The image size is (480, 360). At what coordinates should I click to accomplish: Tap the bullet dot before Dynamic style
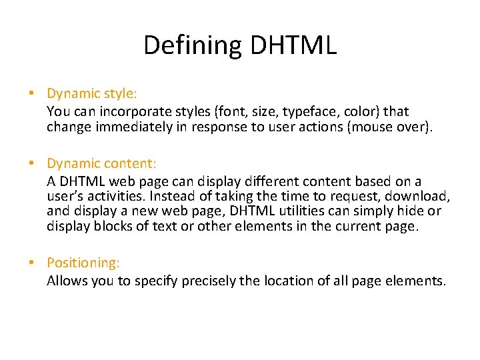32,95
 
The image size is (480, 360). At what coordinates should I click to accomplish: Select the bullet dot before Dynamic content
32,164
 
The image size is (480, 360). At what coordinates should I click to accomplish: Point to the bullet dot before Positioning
32,264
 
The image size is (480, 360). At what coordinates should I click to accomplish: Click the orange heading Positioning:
83,264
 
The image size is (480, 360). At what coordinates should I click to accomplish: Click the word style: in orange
122,95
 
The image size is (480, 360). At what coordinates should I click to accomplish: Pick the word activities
114,197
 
